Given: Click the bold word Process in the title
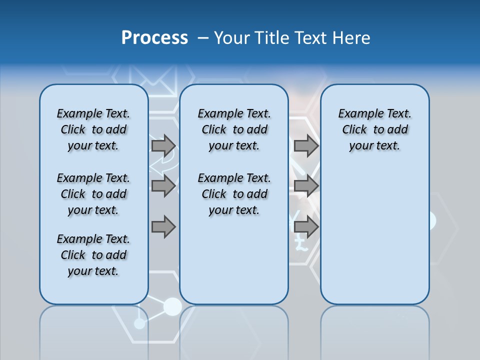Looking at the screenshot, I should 154,37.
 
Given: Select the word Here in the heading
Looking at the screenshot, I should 352,38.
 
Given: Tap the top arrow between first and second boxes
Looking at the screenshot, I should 163,145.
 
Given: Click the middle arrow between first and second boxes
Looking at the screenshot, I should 163,186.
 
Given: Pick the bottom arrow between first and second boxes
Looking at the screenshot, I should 163,227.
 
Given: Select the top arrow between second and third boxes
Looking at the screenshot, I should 306,145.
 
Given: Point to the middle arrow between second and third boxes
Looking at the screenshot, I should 306,186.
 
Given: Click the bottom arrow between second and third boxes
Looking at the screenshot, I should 306,227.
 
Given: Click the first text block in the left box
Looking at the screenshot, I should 93,129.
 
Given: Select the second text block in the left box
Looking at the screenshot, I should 93,194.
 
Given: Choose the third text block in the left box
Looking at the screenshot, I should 93,255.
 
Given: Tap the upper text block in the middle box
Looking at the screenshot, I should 234,129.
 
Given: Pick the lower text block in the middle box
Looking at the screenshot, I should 234,194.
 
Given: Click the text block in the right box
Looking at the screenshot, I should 374,129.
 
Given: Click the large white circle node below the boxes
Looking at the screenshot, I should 172,306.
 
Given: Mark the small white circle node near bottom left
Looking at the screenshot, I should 139,323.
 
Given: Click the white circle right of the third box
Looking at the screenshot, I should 431,220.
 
